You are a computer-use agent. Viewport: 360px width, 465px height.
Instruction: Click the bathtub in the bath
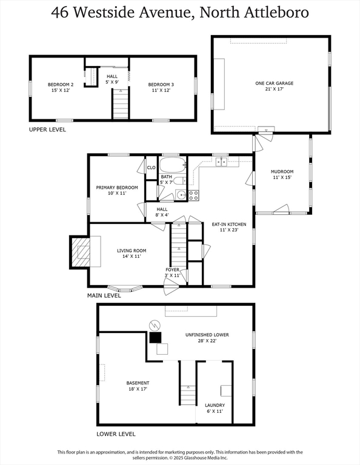pyautogui.click(x=173, y=165)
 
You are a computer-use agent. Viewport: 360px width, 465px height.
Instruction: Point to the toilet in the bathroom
pyautogui.click(x=180, y=180)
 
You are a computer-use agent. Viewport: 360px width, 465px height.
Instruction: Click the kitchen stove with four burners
pyautogui.click(x=194, y=195)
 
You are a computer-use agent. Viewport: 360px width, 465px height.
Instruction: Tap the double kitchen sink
pyautogui.click(x=221, y=162)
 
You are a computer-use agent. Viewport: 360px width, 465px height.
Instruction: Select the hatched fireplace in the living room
pyautogui.click(x=81, y=252)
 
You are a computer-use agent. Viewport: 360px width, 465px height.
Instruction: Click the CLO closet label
pyautogui.click(x=151, y=168)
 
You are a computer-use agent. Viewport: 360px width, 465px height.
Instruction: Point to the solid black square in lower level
pyautogui.click(x=155, y=337)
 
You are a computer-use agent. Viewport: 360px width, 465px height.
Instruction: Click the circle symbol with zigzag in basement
pyautogui.click(x=155, y=326)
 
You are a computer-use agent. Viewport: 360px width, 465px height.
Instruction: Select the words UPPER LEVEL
pyautogui.click(x=47, y=130)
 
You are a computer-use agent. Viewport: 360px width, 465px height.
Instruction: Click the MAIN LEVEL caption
pyautogui.click(x=104, y=295)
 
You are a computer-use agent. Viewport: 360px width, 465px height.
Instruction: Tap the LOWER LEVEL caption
pyautogui.click(x=116, y=434)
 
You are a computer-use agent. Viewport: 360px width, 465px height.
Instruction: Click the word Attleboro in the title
pyautogui.click(x=277, y=13)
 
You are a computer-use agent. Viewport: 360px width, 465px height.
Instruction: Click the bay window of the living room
pyautogui.click(x=125, y=289)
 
